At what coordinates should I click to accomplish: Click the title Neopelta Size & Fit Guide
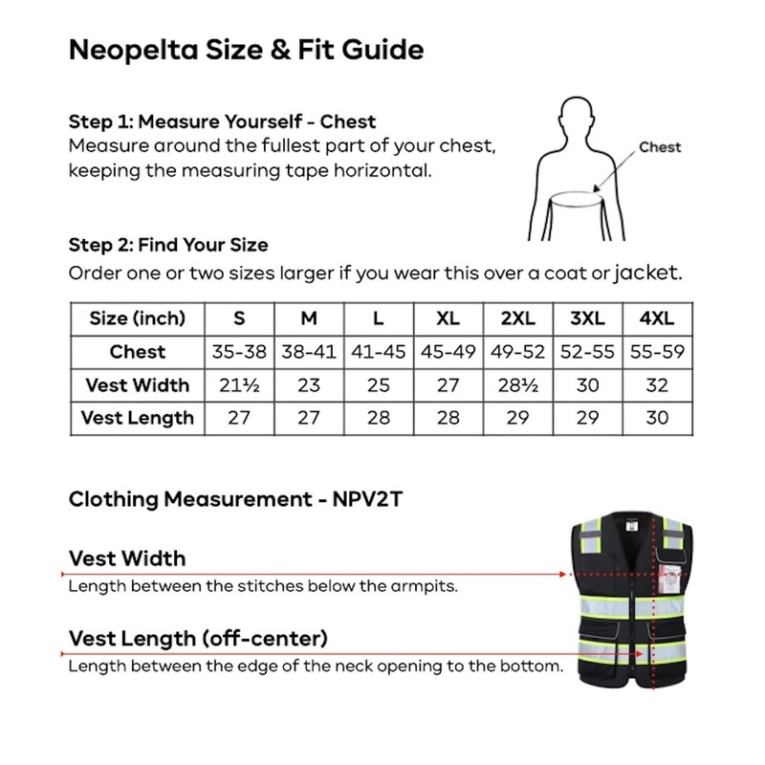(247, 50)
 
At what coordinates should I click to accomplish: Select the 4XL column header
(657, 318)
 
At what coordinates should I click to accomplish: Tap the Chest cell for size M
(309, 352)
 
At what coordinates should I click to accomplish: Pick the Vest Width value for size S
(239, 385)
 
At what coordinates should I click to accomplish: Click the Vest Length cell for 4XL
(657, 418)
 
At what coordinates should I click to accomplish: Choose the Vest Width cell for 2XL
(517, 385)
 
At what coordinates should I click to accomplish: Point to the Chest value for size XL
(448, 352)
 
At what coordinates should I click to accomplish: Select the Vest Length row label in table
(137, 418)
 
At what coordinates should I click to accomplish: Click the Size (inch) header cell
(137, 318)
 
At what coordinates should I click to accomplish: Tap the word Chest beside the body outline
(660, 147)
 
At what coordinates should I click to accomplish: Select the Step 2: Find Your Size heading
(168, 245)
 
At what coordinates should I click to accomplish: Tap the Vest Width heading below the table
(127, 558)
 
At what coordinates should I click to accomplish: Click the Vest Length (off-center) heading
(198, 638)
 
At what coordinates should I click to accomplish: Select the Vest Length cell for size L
(379, 418)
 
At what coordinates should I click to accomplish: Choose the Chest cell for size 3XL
(587, 352)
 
